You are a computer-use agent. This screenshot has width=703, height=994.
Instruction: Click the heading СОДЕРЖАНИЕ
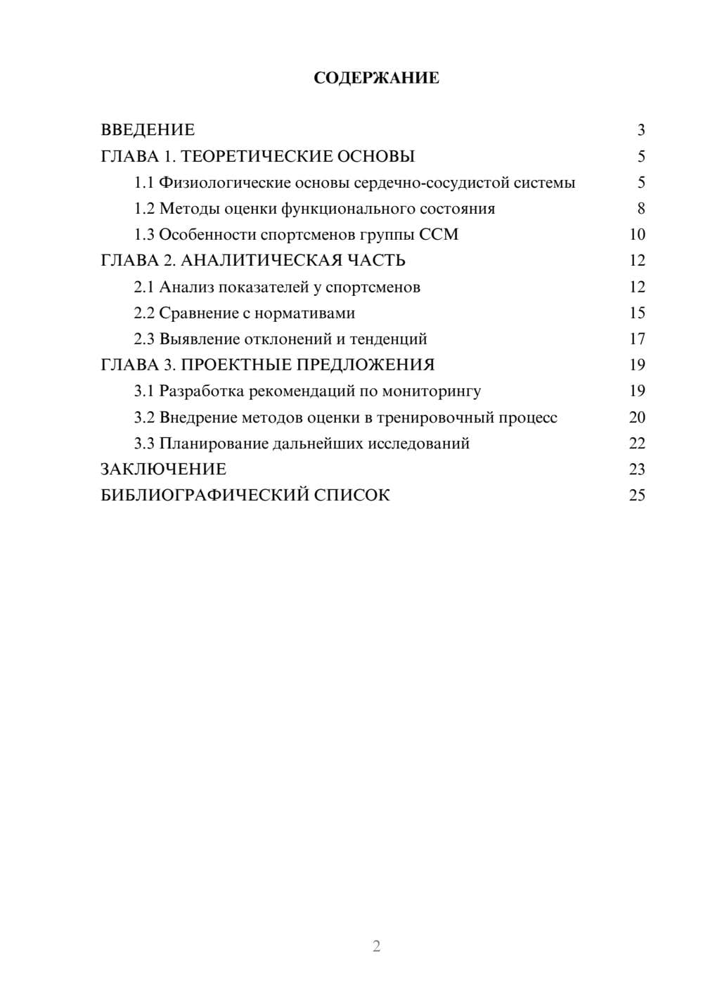click(x=376, y=78)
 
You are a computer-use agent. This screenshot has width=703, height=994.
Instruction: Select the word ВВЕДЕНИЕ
click(x=148, y=130)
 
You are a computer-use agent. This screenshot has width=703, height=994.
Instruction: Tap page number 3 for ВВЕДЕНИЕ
click(x=640, y=130)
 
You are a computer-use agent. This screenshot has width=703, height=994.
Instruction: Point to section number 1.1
click(x=143, y=183)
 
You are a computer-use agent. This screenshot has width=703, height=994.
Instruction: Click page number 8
click(x=640, y=209)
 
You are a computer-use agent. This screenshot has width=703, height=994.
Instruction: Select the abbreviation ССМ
click(x=439, y=235)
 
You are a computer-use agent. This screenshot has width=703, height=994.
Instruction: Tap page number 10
click(x=637, y=235)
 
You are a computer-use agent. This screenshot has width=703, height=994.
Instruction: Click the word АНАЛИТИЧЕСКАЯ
click(x=259, y=261)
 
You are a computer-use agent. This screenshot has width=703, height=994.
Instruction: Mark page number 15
click(x=637, y=313)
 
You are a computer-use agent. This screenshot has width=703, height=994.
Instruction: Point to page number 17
click(x=637, y=339)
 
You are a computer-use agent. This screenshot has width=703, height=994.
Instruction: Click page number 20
click(x=637, y=418)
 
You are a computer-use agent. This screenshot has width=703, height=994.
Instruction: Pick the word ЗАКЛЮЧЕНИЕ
click(x=164, y=470)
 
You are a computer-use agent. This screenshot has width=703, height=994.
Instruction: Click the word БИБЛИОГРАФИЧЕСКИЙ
click(x=205, y=496)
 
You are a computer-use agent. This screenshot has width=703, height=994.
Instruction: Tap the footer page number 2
click(x=376, y=946)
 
